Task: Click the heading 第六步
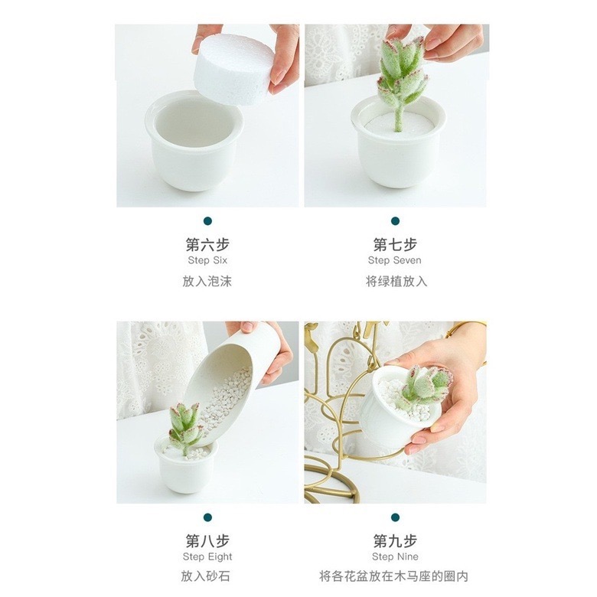[207, 245]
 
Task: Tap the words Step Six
[207, 260]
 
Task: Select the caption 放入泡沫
[207, 281]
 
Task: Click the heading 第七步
[395, 245]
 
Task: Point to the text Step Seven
[395, 260]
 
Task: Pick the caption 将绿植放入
[396, 281]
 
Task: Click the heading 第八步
[207, 541]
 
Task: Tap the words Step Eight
[207, 556]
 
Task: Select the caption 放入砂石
[207, 576]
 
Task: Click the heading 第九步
[395, 541]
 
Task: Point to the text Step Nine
[395, 556]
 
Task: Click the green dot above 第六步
[207, 221]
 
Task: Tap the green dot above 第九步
[395, 517]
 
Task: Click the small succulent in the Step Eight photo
[185, 425]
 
